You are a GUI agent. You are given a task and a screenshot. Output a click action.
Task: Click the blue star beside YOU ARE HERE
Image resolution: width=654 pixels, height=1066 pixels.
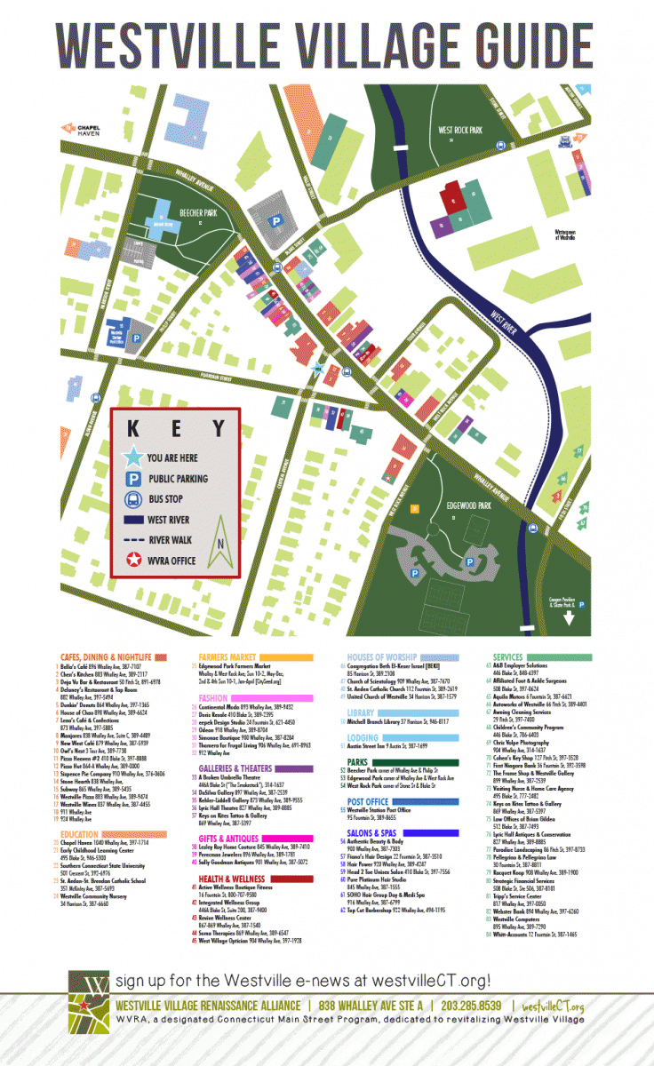[x=133, y=457]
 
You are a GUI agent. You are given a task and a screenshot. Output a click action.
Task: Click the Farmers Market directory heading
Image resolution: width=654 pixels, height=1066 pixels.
[x=227, y=656]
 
